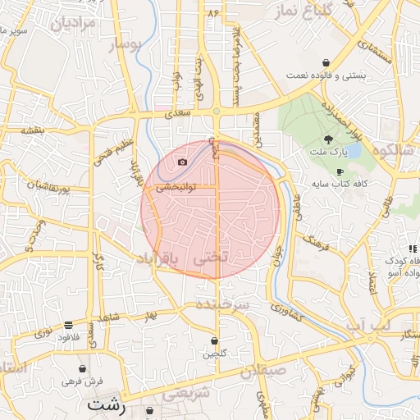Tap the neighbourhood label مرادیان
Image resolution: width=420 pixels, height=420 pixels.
(74, 22)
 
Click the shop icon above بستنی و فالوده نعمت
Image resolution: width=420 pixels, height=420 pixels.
(326, 62)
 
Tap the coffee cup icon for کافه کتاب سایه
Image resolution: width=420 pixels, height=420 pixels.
(340, 171)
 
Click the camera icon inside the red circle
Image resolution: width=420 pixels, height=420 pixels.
(182, 162)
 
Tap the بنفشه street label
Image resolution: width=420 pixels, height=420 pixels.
(32, 130)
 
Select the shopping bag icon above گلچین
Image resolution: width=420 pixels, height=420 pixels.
(214, 340)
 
